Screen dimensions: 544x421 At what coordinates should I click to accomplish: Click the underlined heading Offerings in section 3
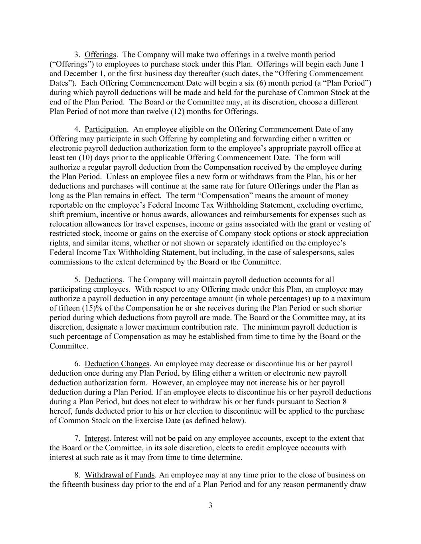tap(100, 55)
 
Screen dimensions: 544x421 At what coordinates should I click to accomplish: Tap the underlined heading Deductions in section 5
tap(103, 280)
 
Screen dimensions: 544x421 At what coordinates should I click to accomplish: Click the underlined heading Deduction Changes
tap(117, 364)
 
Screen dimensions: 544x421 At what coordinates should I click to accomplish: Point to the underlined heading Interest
tap(96, 438)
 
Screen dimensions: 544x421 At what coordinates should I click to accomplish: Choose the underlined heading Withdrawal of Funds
tap(119, 475)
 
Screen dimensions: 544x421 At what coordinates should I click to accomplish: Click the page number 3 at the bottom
tap(210, 506)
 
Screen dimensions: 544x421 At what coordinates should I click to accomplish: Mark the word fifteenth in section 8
tap(76, 485)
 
